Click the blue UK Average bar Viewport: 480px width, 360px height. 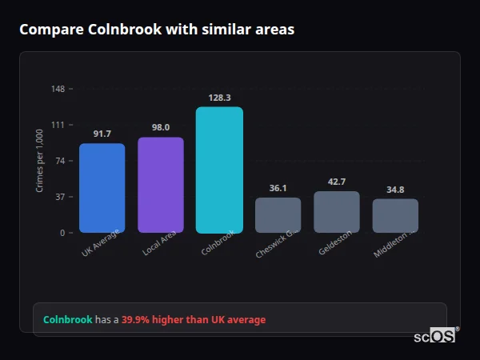[x=102, y=188]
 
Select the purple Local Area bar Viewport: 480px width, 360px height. [x=160, y=185]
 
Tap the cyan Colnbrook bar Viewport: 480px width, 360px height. [x=219, y=170]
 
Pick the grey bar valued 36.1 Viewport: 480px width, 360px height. [x=278, y=215]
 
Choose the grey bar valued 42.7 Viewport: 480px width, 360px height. [x=336, y=212]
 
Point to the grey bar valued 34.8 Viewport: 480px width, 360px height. [x=395, y=216]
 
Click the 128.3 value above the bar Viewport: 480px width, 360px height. [x=219, y=98]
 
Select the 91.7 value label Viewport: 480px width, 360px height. [x=102, y=134]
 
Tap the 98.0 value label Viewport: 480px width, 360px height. [x=160, y=127]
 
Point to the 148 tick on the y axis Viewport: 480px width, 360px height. [x=58, y=89]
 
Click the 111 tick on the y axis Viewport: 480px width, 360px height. [x=58, y=125]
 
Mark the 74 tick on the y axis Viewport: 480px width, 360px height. [x=60, y=161]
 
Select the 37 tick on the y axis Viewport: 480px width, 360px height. [x=60, y=197]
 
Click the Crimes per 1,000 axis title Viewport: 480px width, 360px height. [x=39, y=161]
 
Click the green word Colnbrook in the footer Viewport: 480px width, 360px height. [x=67, y=320]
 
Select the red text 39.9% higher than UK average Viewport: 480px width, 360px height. [x=194, y=320]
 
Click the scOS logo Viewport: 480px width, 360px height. [x=434, y=336]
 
